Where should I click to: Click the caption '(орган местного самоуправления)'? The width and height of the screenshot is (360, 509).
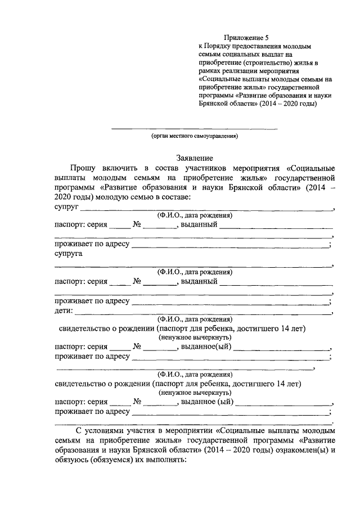tap(195, 136)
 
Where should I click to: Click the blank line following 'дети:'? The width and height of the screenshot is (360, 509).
tap(202, 312)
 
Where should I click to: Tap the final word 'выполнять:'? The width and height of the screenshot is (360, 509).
tap(167, 460)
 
